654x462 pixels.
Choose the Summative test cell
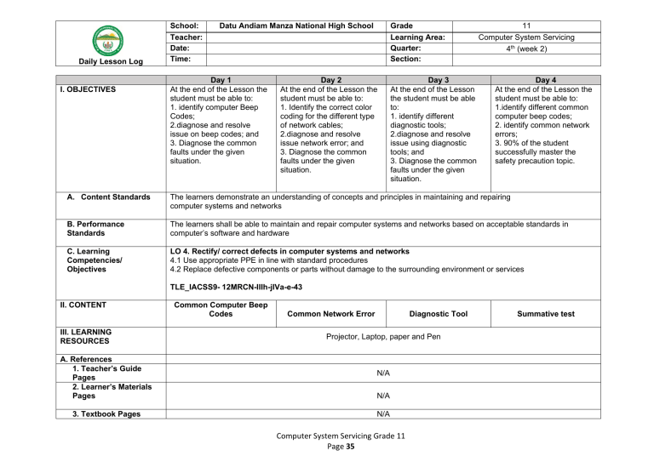click(543, 314)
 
